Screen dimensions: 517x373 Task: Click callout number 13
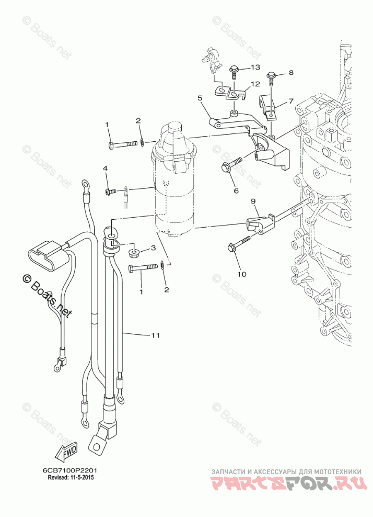(x=255, y=68)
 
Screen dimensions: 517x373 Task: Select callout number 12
(x=255, y=84)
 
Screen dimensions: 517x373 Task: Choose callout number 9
(x=253, y=201)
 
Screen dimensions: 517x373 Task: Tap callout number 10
(x=241, y=273)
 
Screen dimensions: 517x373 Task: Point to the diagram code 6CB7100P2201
(x=70, y=470)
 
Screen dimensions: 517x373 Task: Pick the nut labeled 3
(x=135, y=254)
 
